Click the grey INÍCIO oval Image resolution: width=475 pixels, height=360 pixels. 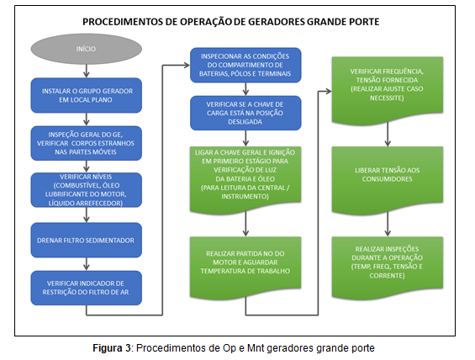point(87,49)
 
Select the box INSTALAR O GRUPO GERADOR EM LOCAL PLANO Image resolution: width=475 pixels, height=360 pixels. point(87,95)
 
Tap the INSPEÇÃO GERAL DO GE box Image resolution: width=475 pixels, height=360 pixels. point(87,143)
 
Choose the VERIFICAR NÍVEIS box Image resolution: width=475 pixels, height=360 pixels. point(87,190)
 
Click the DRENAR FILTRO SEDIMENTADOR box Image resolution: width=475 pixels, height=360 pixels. point(87,241)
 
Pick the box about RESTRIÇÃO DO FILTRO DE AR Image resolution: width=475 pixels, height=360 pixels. point(87,288)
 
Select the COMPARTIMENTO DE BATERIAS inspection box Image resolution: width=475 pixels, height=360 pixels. point(245,65)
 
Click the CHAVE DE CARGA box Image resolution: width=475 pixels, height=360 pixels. point(245,113)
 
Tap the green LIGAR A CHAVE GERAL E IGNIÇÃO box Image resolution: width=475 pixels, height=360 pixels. point(245,180)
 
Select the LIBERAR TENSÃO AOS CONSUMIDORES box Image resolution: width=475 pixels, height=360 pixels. point(388,180)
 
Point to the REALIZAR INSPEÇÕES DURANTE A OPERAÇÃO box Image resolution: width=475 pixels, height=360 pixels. point(388,267)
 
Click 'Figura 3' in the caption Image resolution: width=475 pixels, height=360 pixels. point(112,348)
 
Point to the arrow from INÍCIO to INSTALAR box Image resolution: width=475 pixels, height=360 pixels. point(87,71)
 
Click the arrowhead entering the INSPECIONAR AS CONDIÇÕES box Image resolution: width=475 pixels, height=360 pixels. point(186,65)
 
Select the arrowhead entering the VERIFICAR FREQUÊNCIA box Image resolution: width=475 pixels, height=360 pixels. point(328,91)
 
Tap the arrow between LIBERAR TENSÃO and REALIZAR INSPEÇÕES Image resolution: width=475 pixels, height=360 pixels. point(388,224)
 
